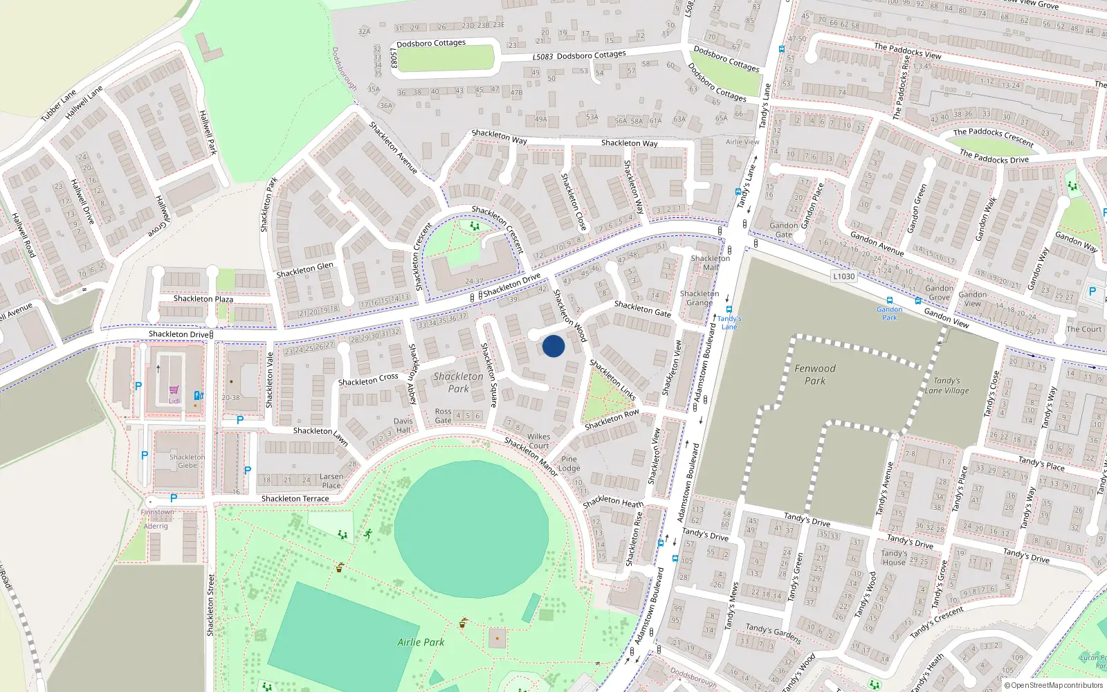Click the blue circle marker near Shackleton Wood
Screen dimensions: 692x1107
553,346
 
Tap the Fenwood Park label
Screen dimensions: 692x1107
815,374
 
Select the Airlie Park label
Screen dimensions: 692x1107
421,642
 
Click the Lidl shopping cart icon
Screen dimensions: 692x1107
174,390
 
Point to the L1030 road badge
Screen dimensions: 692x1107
843,276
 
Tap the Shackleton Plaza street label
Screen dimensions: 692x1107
203,299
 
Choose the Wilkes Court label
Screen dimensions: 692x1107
539,441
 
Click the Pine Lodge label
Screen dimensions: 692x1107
569,464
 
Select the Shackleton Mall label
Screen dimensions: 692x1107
711,263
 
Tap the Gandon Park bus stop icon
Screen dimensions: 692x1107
890,301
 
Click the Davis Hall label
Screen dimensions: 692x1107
403,426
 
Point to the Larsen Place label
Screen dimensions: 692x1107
331,481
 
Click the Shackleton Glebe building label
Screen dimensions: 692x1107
187,461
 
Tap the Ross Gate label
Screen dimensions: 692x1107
443,416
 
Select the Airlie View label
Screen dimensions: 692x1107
742,142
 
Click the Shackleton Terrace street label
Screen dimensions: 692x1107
295,498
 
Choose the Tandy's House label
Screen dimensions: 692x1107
894,558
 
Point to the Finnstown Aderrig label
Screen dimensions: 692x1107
157,519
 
